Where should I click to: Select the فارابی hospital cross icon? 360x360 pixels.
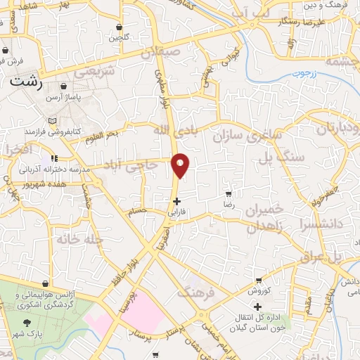176,200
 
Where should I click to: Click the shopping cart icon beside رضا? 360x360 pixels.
228,193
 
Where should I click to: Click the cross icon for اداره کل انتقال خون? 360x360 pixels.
257,306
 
